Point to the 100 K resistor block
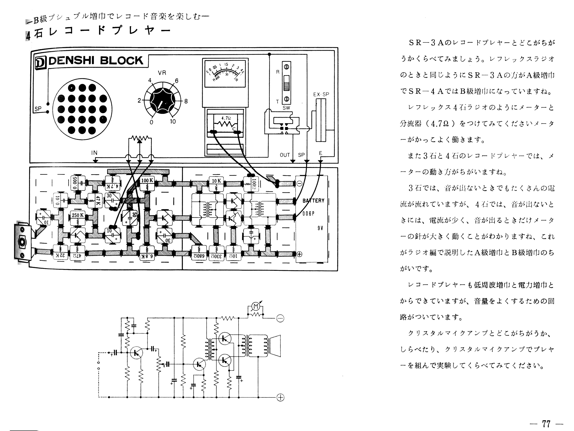tap(147, 180)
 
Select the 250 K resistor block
tap(78, 215)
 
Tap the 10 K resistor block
tap(217, 181)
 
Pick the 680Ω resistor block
tap(199, 256)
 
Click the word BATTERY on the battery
tap(314, 201)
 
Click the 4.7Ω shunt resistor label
tap(226, 118)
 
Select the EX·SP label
tap(321, 95)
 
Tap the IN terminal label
tap(94, 153)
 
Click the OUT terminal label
tap(285, 155)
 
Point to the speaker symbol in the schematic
tap(275, 346)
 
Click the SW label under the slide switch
tap(286, 108)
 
